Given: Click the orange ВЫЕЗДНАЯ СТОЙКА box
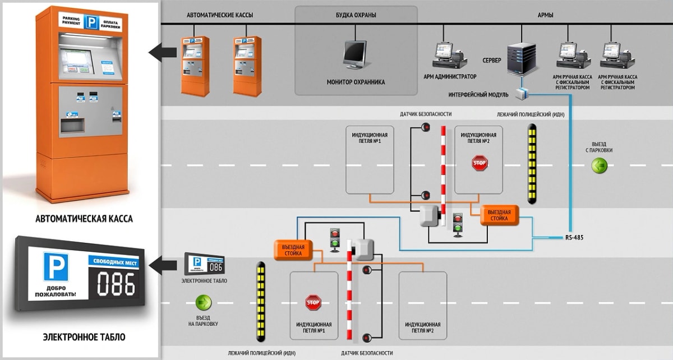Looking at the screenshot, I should click(499, 215).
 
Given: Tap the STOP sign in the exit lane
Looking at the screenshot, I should click(480, 163).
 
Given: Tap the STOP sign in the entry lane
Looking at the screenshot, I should click(313, 303).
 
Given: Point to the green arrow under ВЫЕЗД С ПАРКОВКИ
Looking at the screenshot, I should click(600, 165).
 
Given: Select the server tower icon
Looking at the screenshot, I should click(521, 59).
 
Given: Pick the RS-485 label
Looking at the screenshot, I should click(574, 238).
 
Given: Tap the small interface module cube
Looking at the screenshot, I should click(522, 93).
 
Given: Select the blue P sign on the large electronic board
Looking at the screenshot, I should click(56, 266).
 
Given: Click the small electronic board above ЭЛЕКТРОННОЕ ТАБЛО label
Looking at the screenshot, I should click(204, 264).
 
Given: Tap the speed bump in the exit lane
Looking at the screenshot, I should click(532, 163).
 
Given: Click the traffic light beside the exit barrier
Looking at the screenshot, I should click(457, 222).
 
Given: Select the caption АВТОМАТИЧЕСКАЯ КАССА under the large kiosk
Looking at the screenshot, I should click(84, 219).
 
